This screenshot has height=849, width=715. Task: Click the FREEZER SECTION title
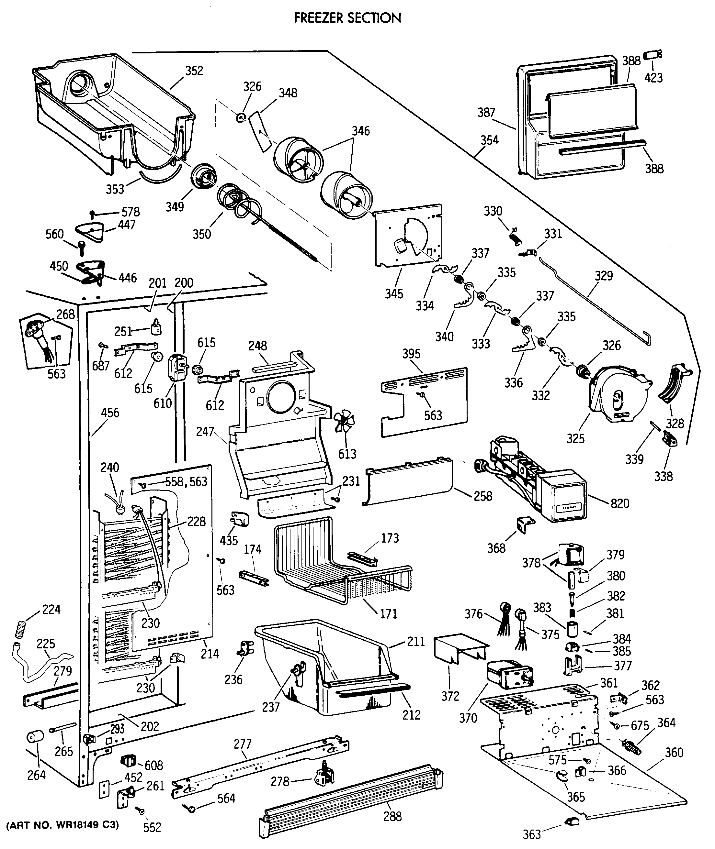(x=347, y=18)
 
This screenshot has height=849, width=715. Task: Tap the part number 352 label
(x=194, y=71)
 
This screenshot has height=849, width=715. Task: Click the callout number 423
(x=653, y=78)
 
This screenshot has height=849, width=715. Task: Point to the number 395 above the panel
(x=411, y=354)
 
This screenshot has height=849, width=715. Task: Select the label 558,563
(x=186, y=482)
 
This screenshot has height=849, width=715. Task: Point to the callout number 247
(x=205, y=432)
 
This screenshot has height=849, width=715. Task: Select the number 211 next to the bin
(x=416, y=642)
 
